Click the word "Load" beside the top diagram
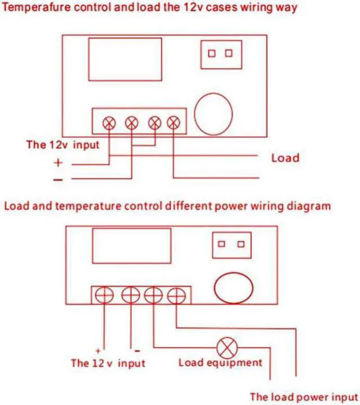tap(285, 157)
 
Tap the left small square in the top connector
tap(212, 53)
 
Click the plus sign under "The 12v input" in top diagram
tap(58, 163)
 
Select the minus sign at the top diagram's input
tap(58, 179)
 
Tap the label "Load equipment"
tap(220, 362)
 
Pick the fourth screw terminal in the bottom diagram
tap(177, 295)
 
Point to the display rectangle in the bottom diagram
tap(132, 246)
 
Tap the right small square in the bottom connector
tap(241, 244)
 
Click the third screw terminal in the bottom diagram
tap(153, 295)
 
